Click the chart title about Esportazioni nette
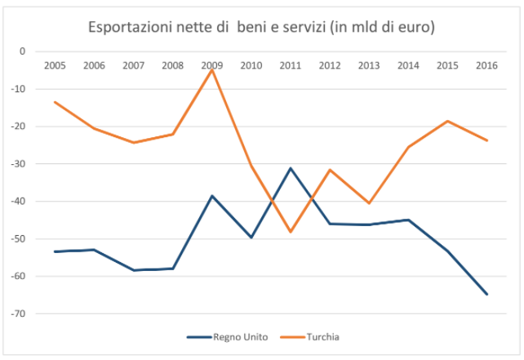tap(261, 28)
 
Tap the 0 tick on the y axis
tap(24, 51)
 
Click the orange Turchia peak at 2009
tap(212, 70)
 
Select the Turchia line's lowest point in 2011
tap(291, 232)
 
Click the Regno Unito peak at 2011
tap(291, 168)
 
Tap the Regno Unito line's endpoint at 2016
tap(487, 294)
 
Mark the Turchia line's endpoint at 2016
tap(487, 140)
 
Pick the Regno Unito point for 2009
tap(212, 196)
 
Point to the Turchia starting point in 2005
tap(55, 102)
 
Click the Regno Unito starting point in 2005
tap(55, 251)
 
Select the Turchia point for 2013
tap(369, 203)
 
